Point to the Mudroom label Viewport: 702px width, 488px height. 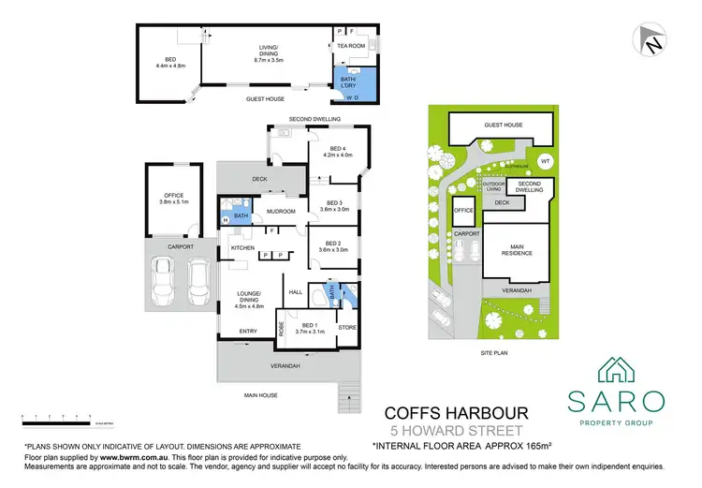281,212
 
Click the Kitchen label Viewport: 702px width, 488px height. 242,247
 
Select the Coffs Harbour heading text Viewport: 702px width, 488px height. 459,412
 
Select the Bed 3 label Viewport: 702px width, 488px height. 334,206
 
